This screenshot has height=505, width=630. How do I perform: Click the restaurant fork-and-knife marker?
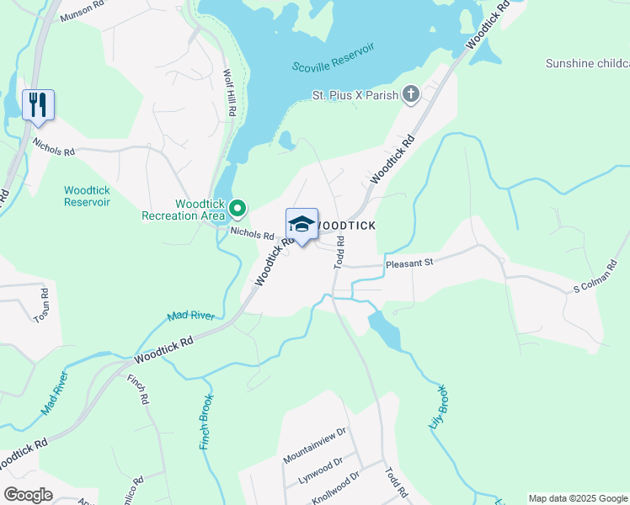(38, 105)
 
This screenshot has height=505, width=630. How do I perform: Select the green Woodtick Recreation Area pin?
(238, 207)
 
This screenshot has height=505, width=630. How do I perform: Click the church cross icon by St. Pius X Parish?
(411, 93)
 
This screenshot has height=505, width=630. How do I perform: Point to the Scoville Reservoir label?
(332, 66)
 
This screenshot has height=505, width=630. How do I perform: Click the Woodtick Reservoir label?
(87, 196)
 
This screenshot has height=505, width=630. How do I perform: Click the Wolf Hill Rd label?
(230, 93)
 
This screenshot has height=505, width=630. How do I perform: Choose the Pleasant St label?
(408, 263)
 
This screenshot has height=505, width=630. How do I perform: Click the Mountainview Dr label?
(315, 445)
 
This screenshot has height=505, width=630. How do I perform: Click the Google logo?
(28, 495)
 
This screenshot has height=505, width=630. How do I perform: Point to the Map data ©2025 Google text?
(577, 498)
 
